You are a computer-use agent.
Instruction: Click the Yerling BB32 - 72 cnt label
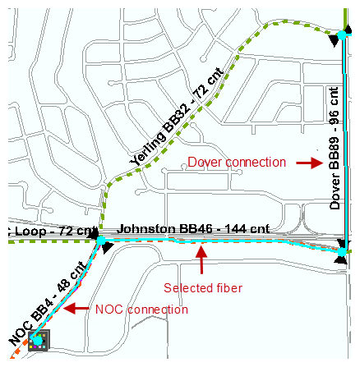[x=177, y=117]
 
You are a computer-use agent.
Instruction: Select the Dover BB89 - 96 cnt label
[x=335, y=148]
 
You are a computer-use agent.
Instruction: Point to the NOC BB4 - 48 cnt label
[x=48, y=304]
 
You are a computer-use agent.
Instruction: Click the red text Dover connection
[x=237, y=163]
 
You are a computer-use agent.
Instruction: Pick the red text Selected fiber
[x=203, y=288]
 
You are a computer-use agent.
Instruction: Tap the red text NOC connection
[x=141, y=310]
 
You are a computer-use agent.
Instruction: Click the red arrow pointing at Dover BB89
[x=310, y=163]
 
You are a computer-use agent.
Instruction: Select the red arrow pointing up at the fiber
[x=201, y=260]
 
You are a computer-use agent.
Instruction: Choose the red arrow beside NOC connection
[x=76, y=309]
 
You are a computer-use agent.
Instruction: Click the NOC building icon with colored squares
[x=39, y=341]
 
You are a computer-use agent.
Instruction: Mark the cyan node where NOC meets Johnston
[x=101, y=241]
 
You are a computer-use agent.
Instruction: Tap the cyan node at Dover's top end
[x=342, y=35]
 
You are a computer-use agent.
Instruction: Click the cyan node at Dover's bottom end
[x=342, y=252]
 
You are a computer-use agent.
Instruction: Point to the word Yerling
[x=148, y=149]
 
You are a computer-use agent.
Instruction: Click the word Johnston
[x=146, y=229]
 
